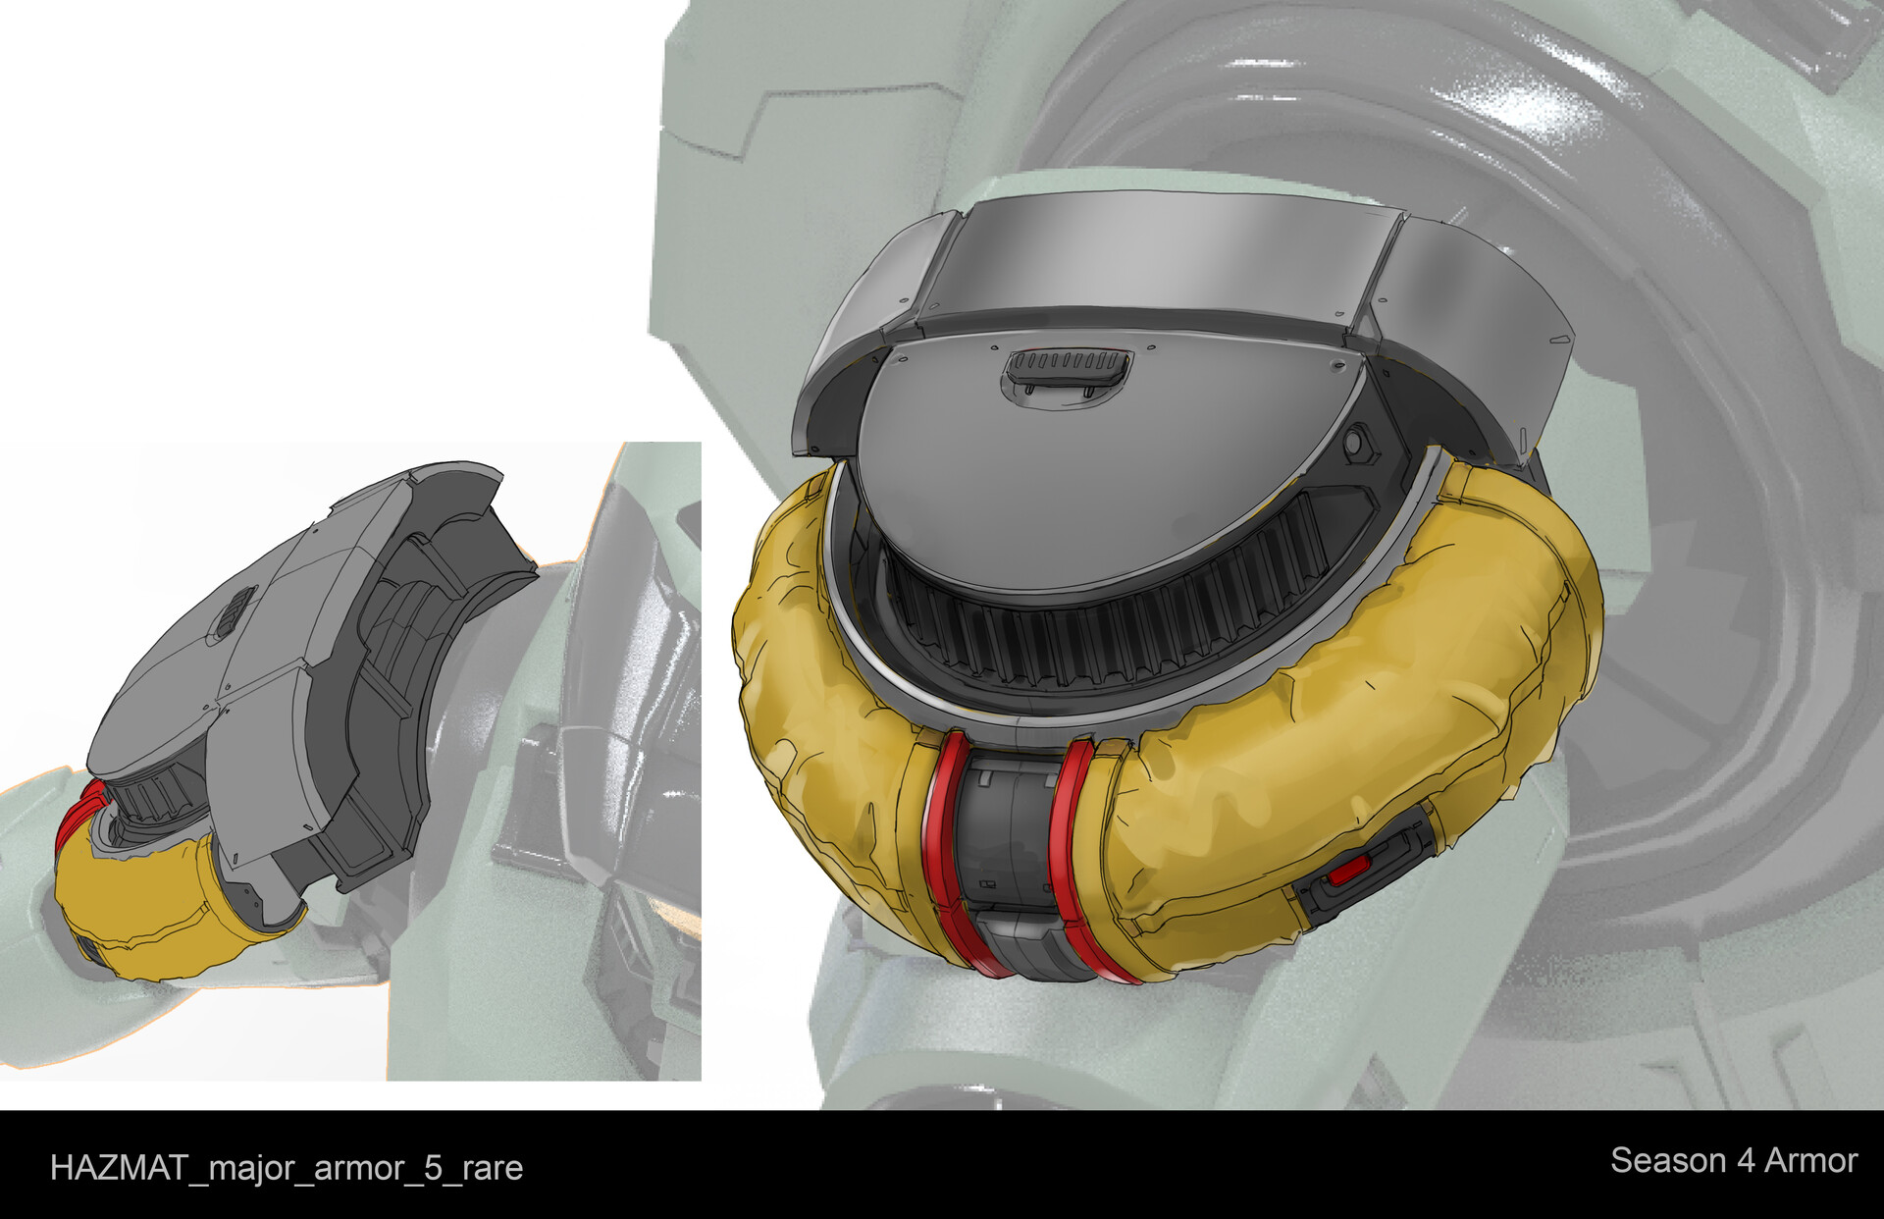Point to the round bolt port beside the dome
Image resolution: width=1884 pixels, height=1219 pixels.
coord(1357,444)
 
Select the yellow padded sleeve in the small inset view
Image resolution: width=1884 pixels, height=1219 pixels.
coord(147,903)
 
